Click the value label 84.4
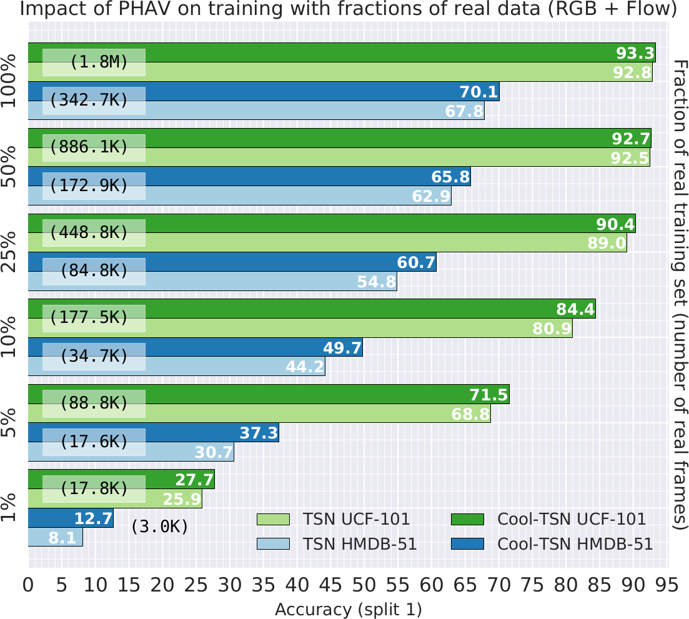coord(575,309)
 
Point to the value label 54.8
coord(376,282)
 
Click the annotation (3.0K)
coord(159,527)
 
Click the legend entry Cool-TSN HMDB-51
coord(575,544)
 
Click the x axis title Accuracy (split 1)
coord(349,609)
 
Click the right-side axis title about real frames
coord(680,295)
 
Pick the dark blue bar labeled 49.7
coord(195,348)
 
